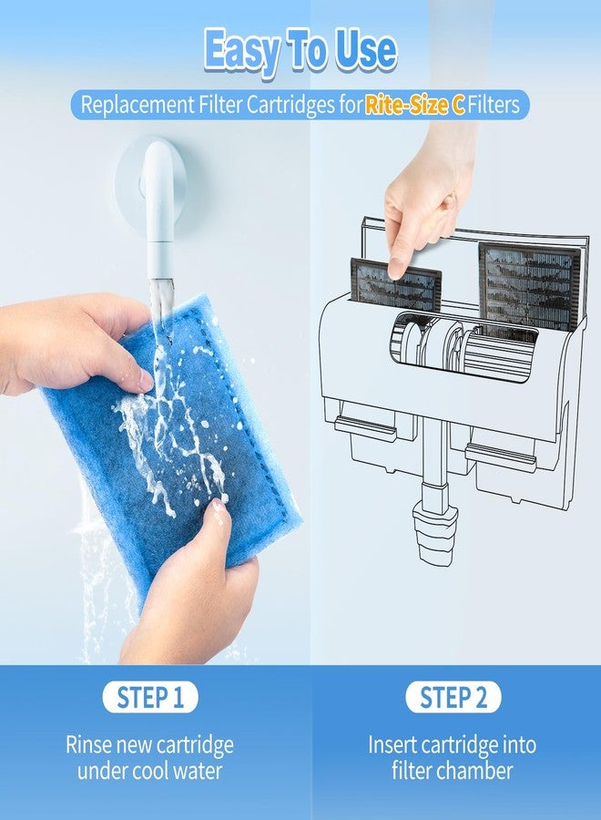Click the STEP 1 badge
point(150,697)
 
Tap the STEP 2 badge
point(453,697)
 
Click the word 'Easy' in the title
point(240,51)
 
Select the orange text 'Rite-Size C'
point(414,105)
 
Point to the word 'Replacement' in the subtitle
point(137,105)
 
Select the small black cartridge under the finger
point(395,284)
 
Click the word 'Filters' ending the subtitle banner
point(494,105)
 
